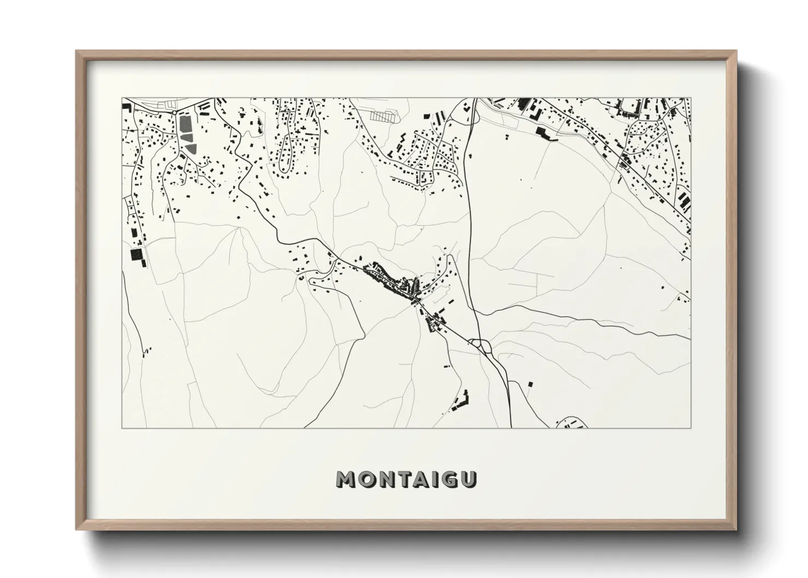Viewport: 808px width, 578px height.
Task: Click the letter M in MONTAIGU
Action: [346, 479]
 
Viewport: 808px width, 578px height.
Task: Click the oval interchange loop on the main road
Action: [481, 345]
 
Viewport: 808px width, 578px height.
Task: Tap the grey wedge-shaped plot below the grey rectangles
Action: [191, 148]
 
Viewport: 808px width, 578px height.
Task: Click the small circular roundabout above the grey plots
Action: [174, 112]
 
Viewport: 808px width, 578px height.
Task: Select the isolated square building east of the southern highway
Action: [528, 384]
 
